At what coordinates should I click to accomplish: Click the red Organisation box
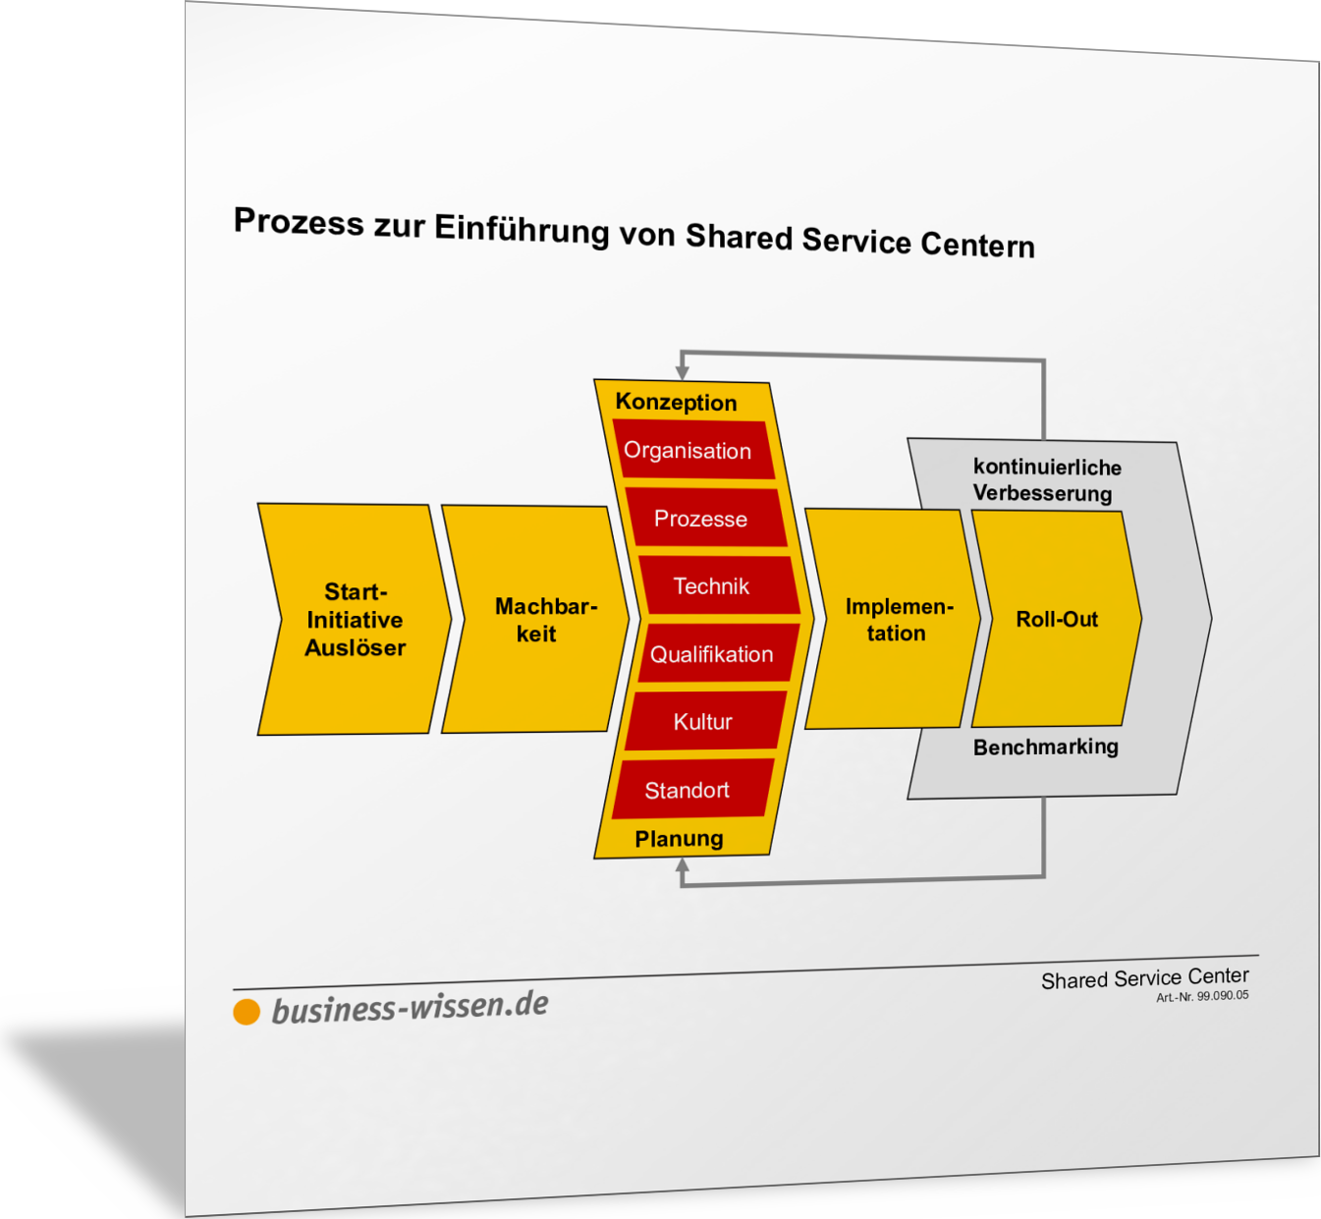691,451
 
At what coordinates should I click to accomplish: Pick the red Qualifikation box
715,654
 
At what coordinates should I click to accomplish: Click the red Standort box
690,790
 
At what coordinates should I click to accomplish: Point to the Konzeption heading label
676,402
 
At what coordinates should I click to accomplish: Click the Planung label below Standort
679,839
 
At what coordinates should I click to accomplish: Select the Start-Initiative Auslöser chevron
355,619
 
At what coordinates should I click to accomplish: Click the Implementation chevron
894,619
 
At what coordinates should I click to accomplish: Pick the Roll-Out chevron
1056,619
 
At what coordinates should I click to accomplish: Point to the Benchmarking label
1045,747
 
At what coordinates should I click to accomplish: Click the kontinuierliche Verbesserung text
1045,479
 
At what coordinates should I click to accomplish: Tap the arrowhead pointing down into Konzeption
683,372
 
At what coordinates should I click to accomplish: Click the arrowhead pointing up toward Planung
683,866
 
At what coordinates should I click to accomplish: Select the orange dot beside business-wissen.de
247,1012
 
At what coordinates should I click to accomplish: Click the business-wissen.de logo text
410,1007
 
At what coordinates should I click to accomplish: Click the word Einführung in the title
522,229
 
